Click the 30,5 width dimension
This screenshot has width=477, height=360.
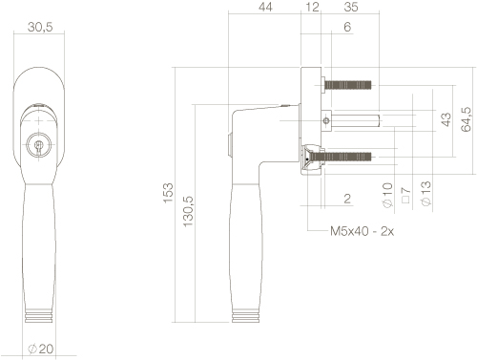(x=40, y=27)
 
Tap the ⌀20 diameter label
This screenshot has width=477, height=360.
(x=41, y=349)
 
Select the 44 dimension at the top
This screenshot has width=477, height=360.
(x=265, y=7)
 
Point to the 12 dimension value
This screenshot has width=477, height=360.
(x=312, y=7)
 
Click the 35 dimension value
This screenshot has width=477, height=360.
(x=351, y=7)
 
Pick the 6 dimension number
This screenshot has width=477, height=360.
(x=347, y=27)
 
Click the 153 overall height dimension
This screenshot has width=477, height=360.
(x=168, y=193)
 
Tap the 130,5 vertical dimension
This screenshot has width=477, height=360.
(x=188, y=211)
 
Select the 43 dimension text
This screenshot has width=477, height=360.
(x=446, y=119)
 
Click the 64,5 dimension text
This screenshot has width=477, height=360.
(x=467, y=119)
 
